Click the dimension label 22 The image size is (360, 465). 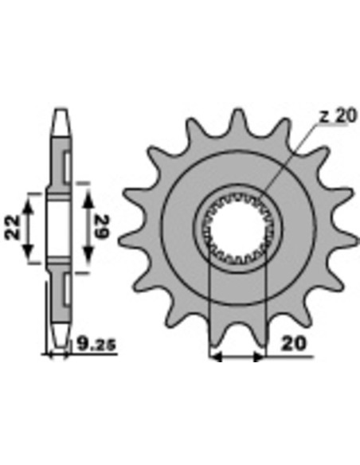coord(13,228)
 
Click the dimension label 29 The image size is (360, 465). coord(102,227)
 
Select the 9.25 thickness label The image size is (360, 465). coord(96,344)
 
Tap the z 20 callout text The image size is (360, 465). coord(338,116)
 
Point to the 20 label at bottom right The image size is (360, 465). coord(293,344)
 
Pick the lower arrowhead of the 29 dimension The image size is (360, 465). coord(88,256)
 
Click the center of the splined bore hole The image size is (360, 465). coord(238,228)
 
